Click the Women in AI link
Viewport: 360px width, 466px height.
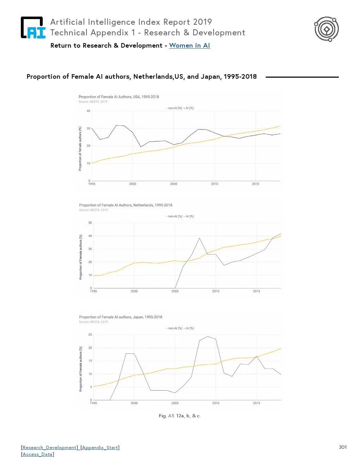click(x=190, y=46)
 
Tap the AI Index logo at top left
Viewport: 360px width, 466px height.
click(x=33, y=28)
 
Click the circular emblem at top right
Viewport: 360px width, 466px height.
click(x=326, y=29)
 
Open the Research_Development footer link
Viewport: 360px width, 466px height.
click(x=49, y=448)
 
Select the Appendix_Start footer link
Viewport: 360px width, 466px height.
click(x=100, y=448)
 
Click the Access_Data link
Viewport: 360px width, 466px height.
click(x=37, y=454)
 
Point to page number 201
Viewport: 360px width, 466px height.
click(x=343, y=447)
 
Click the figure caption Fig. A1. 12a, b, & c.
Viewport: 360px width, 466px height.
click(x=180, y=416)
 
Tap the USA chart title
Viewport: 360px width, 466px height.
click(x=119, y=97)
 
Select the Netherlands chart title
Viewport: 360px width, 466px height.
click(x=126, y=205)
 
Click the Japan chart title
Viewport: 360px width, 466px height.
click(x=121, y=317)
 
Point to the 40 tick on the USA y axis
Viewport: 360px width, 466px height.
click(x=89, y=111)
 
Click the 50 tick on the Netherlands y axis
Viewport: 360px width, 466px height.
click(x=90, y=223)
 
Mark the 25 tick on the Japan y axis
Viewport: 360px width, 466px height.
click(x=90, y=335)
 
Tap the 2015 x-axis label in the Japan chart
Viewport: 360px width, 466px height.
click(x=257, y=403)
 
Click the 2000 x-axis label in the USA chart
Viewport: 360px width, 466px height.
click(x=133, y=184)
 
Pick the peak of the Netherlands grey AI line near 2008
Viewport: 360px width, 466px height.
click(x=199, y=238)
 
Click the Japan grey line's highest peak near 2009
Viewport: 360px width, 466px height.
click(x=208, y=336)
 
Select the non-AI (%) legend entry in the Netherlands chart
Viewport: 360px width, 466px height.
click(x=174, y=216)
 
